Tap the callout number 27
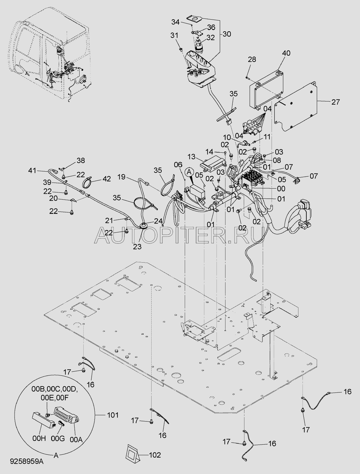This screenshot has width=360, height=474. (x=335, y=102)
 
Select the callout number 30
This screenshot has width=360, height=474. (x=227, y=34)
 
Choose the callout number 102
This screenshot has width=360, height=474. (x=154, y=455)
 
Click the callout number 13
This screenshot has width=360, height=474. (x=191, y=157)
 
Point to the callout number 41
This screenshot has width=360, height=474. (x=32, y=171)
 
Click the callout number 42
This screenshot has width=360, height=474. (x=107, y=179)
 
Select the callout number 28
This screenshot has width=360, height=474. (x=252, y=59)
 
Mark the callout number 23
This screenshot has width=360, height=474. (x=137, y=247)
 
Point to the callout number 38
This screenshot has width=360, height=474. (x=81, y=161)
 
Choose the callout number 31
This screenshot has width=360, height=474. (x=174, y=35)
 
